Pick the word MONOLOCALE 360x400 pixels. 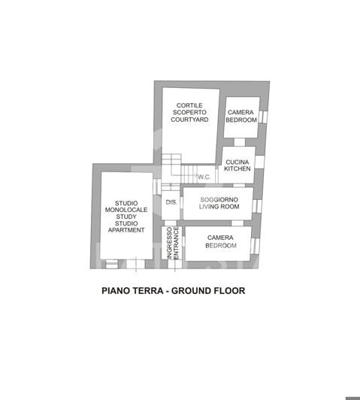(x=126, y=210)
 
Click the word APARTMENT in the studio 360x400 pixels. (x=126, y=230)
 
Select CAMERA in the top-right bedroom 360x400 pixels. (x=241, y=113)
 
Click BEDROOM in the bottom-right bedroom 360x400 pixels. (x=221, y=246)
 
